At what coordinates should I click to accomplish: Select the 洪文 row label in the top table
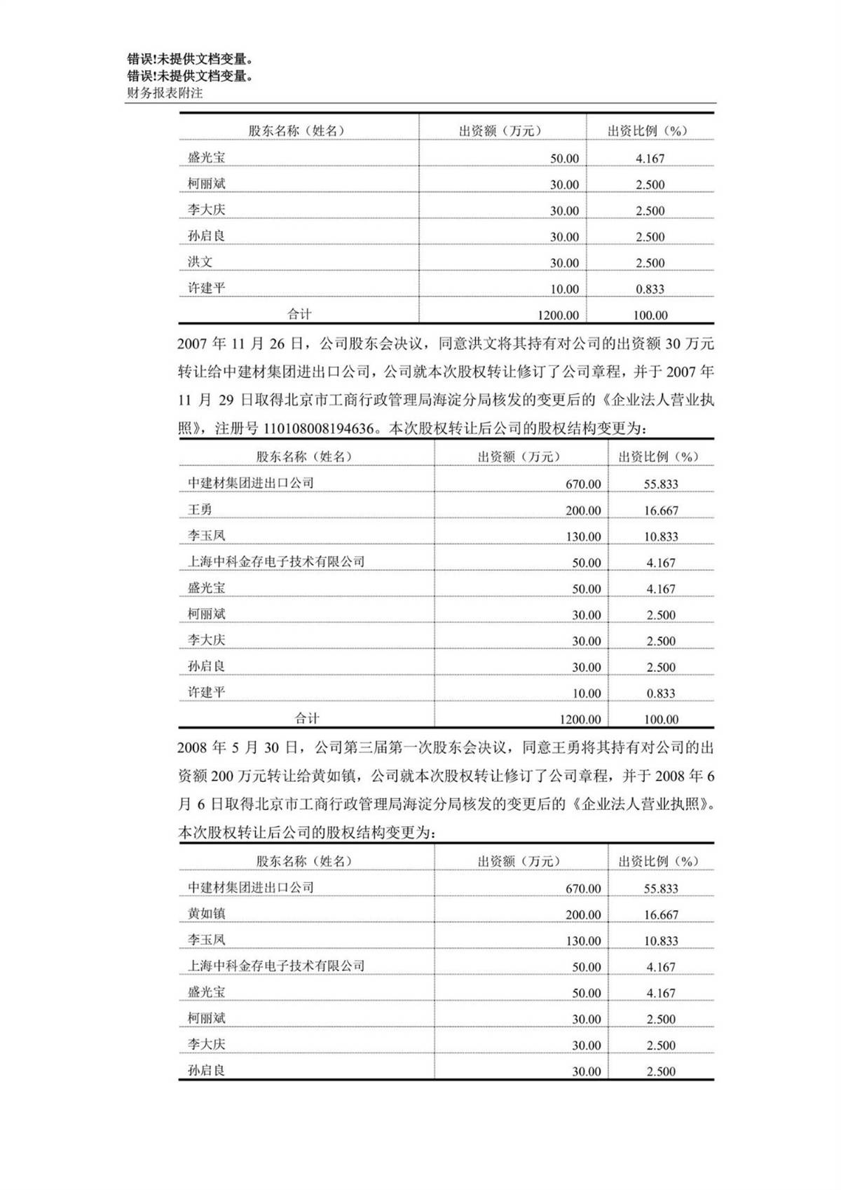tap(200, 262)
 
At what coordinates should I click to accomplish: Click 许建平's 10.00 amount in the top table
tap(564, 289)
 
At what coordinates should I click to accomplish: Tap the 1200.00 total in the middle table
tap(580, 719)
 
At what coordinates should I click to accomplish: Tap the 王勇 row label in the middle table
tap(200, 509)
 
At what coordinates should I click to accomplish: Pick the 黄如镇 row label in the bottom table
tap(206, 913)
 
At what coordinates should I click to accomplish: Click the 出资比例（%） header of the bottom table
tap(658, 861)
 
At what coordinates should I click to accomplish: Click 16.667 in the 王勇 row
tap(661, 511)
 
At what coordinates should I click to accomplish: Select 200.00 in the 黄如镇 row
tap(583, 914)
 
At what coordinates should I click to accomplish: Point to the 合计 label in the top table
tap(299, 314)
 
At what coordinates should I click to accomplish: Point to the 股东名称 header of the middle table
tap(303, 457)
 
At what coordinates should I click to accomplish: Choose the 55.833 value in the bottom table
tap(661, 888)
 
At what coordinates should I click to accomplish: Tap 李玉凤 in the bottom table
tap(206, 940)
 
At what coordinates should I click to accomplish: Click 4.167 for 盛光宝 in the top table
tap(650, 158)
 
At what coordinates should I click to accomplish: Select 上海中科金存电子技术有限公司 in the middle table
tap(276, 562)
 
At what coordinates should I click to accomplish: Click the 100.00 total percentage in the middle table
tap(661, 719)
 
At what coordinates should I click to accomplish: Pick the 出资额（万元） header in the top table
tap(500, 130)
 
